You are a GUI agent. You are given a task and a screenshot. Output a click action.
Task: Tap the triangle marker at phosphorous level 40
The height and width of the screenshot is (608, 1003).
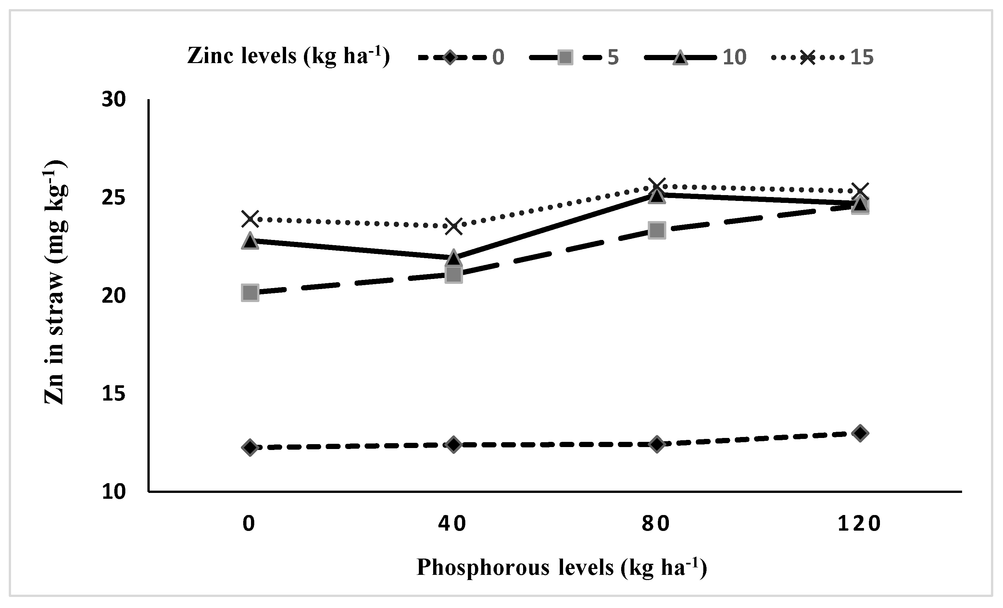(x=454, y=258)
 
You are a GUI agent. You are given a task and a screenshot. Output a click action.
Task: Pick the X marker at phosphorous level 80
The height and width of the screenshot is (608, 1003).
(x=657, y=186)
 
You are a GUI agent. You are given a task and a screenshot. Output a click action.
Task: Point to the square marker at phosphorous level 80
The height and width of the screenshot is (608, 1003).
(x=657, y=230)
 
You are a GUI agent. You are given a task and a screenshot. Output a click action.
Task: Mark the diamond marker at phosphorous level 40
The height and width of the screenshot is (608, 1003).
(x=454, y=444)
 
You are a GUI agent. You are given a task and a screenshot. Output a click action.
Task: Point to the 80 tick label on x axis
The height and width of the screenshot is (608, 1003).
(x=656, y=524)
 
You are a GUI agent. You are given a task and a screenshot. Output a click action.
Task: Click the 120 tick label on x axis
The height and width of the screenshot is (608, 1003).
(x=859, y=524)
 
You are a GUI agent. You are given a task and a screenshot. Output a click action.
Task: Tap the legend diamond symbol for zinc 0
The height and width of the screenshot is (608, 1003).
(x=450, y=57)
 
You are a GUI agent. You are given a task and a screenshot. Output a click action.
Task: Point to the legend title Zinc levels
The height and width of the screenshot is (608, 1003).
(x=288, y=56)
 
